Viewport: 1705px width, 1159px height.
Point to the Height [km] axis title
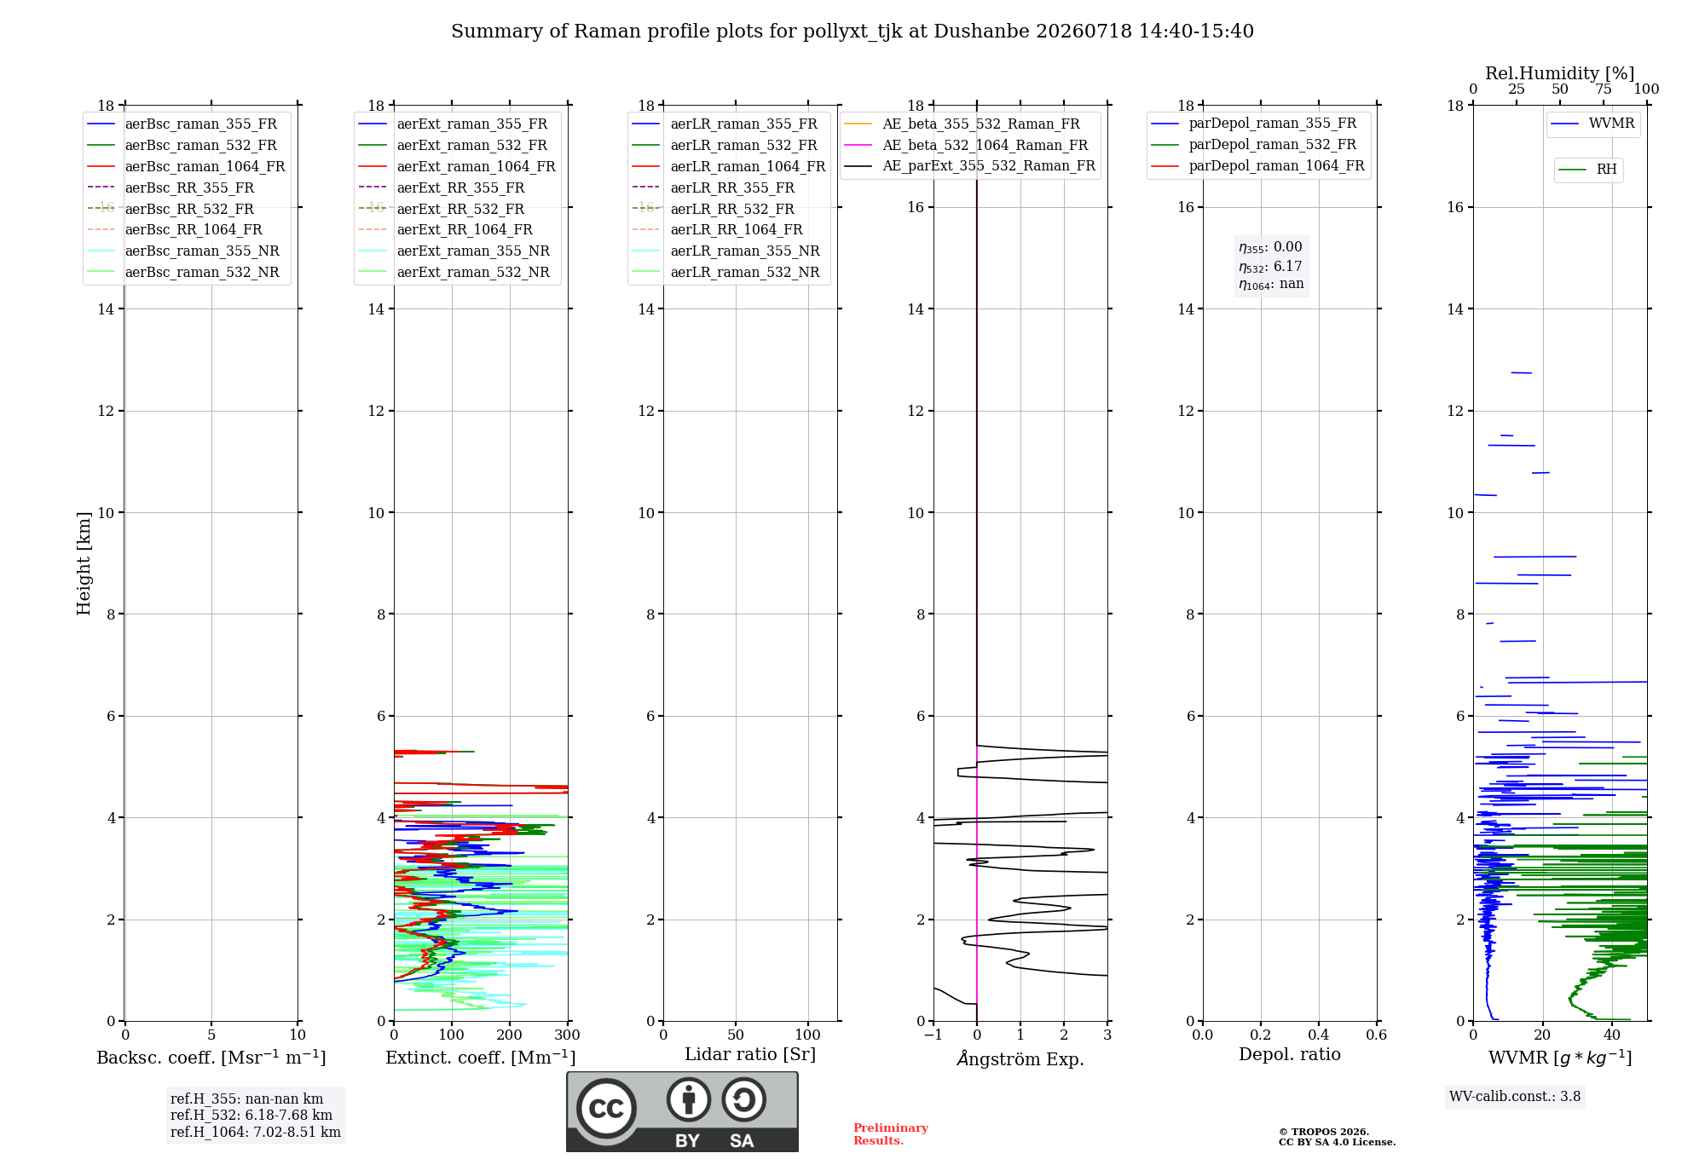click(84, 563)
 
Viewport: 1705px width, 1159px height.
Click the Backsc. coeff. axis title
click(211, 1057)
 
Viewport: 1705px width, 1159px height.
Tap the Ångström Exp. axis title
click(1020, 1058)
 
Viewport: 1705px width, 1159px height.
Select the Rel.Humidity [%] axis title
click(1560, 73)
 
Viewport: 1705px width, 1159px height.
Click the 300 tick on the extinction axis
click(568, 1035)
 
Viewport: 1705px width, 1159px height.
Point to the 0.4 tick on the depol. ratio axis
click(1319, 1035)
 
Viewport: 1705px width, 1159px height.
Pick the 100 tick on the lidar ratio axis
click(808, 1035)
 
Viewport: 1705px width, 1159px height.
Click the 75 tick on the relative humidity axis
click(1604, 89)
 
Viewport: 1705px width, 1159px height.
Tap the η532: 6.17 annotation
click(1270, 267)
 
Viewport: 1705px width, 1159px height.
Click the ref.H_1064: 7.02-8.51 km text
click(256, 1132)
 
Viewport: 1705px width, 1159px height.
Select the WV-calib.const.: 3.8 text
click(1515, 1096)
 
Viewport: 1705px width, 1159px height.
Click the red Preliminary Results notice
click(891, 1134)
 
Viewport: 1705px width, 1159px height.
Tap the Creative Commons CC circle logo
click(606, 1109)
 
